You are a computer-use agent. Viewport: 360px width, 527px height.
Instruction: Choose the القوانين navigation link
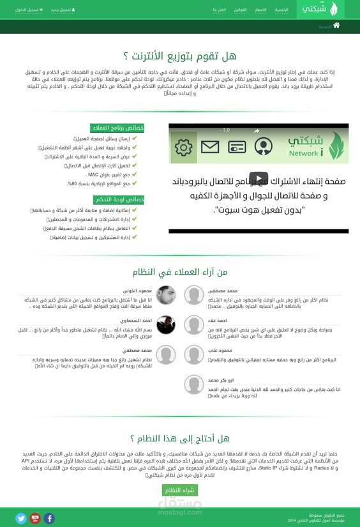(241, 11)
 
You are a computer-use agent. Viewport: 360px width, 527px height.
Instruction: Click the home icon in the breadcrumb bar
(336, 26)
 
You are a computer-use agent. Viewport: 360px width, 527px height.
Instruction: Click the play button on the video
(258, 179)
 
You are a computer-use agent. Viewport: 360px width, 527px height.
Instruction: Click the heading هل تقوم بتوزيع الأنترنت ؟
(180, 57)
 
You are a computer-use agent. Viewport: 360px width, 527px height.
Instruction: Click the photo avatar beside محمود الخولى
(166, 295)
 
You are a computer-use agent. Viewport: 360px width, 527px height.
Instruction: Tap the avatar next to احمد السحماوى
(166, 325)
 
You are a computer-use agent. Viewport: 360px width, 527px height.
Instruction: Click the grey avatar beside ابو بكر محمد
(194, 385)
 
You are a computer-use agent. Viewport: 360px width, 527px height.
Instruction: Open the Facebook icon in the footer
(49, 518)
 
